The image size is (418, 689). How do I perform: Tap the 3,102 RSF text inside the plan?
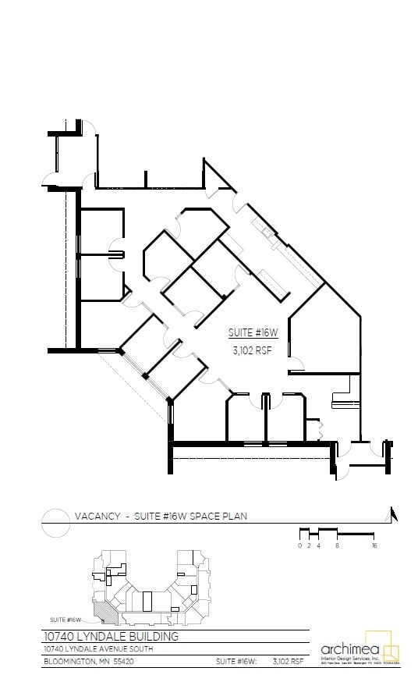coord(252,351)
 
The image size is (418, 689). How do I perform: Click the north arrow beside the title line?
coord(394,513)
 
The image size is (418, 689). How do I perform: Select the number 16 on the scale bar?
coord(375,546)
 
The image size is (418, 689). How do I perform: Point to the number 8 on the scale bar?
coord(337,546)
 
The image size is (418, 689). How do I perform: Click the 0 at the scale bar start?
coord(299,546)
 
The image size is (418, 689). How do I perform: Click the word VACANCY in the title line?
coord(97,516)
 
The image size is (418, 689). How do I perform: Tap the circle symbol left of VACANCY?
coord(55,522)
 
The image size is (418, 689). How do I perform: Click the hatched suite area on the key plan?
coord(104,611)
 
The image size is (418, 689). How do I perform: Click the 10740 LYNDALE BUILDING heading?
coord(111,637)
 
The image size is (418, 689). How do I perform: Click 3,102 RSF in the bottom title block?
coord(288,662)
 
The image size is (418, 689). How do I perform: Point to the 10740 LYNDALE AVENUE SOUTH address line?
coord(97,649)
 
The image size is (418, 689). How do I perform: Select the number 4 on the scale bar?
coord(318,546)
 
